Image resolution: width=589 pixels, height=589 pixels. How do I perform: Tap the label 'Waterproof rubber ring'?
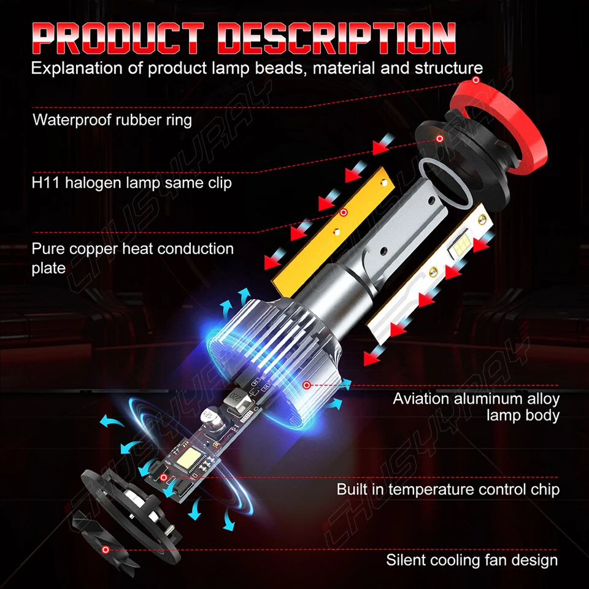pos(112,119)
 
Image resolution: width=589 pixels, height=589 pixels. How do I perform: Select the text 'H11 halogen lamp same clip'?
pos(132,183)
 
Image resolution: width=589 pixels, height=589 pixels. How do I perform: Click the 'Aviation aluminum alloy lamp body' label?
pos(476,407)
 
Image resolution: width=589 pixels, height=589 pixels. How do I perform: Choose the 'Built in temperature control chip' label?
pos(448,490)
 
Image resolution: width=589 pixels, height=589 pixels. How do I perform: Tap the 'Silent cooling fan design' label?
pos(472,560)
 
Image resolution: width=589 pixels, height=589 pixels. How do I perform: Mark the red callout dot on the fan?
pos(106,550)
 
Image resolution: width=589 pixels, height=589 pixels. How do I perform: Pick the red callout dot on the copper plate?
pos(344,213)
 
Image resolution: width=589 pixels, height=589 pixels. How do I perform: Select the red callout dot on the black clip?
pos(439,139)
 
